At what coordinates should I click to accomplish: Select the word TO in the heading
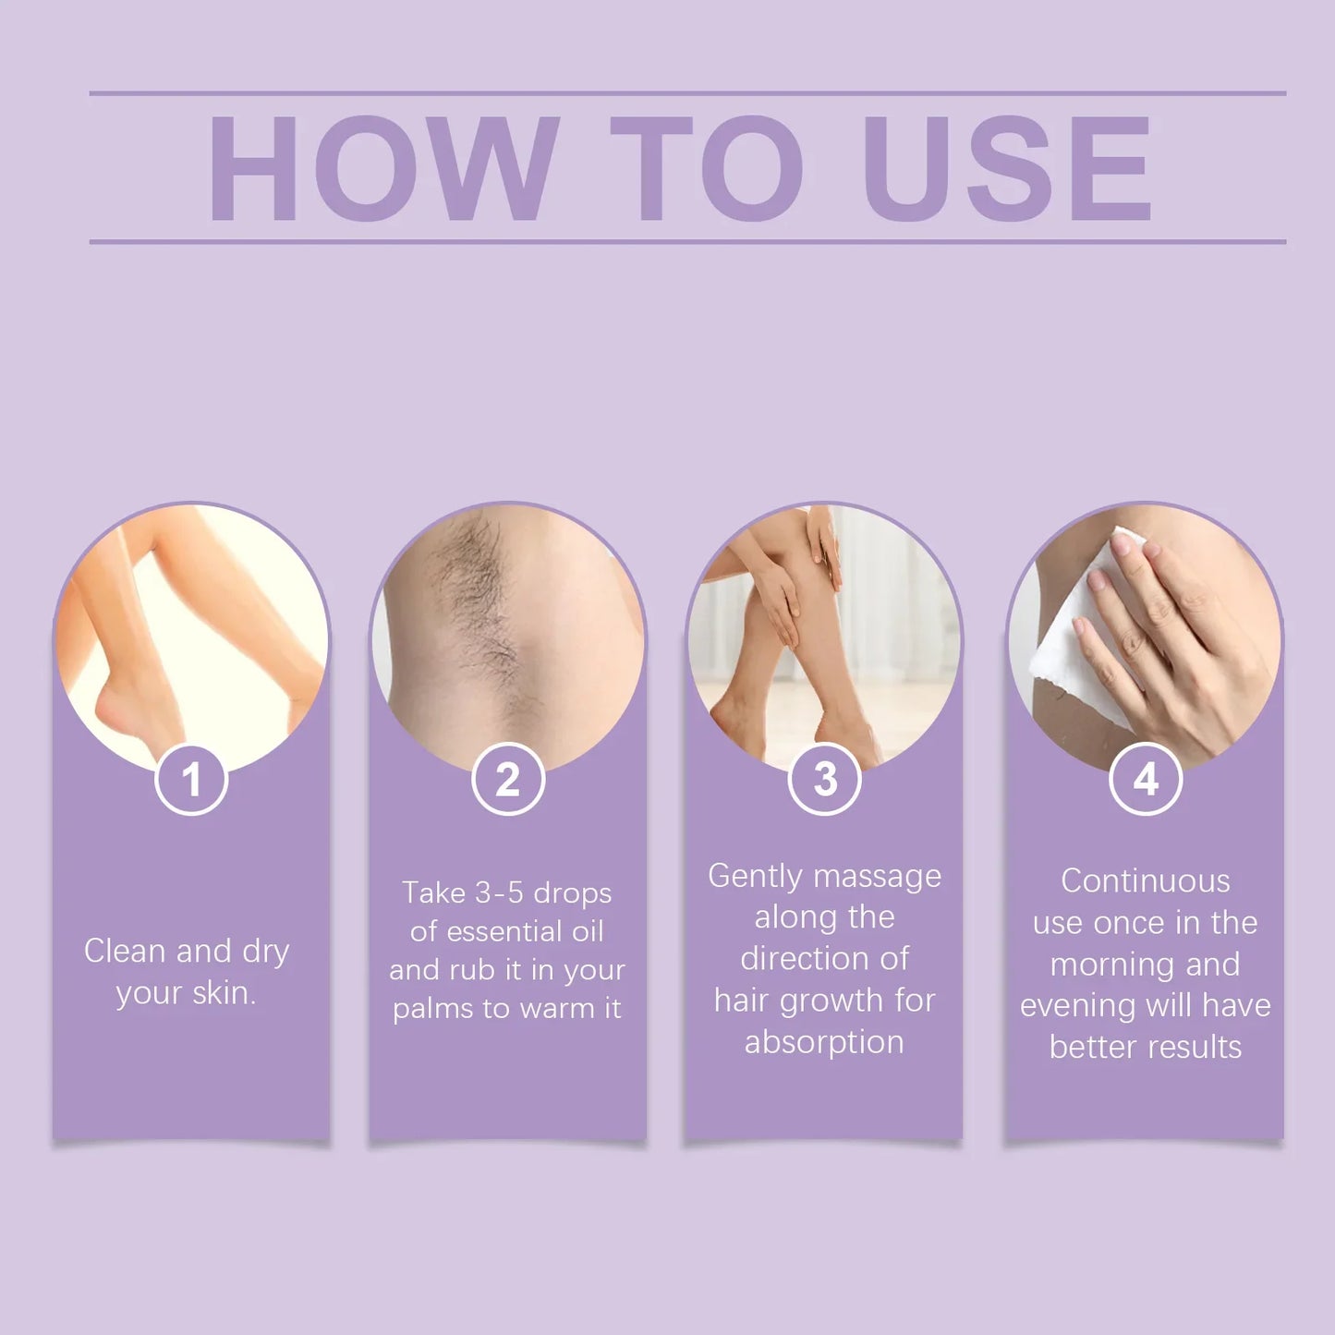click(x=706, y=169)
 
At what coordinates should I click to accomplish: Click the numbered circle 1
click(x=191, y=780)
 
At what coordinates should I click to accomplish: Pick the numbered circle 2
click(x=508, y=780)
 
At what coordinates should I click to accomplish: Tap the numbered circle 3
click(x=825, y=780)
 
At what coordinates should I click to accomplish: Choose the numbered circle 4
click(x=1146, y=780)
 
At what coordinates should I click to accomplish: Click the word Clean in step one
click(x=126, y=951)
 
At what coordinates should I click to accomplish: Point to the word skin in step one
click(x=223, y=992)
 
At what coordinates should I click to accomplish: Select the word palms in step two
click(x=429, y=1009)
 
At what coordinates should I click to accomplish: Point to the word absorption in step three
click(x=824, y=1042)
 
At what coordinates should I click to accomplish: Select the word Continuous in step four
click(x=1146, y=880)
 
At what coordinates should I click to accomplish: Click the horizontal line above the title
click(x=687, y=93)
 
